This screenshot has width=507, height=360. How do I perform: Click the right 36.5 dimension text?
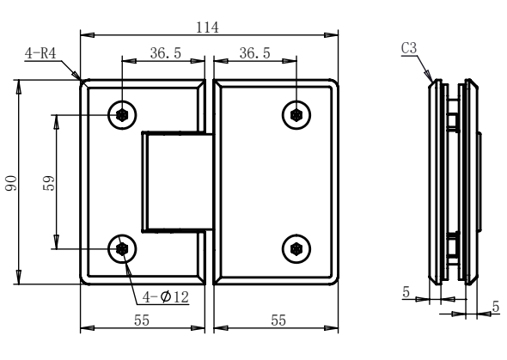pyautogui.click(x=254, y=52)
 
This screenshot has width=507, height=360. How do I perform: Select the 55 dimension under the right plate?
pyautogui.click(x=276, y=319)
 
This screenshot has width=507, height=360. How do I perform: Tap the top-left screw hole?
pyautogui.click(x=123, y=114)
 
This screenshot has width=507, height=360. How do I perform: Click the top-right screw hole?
pyautogui.click(x=296, y=114)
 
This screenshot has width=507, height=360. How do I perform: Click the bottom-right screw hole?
pyautogui.click(x=296, y=248)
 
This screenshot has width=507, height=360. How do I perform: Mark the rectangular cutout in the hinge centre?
pyautogui.click(x=177, y=182)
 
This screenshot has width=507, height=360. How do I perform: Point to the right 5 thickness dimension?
pyautogui.click(x=495, y=305)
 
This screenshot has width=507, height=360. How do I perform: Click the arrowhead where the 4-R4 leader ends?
pyautogui.click(x=81, y=80)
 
